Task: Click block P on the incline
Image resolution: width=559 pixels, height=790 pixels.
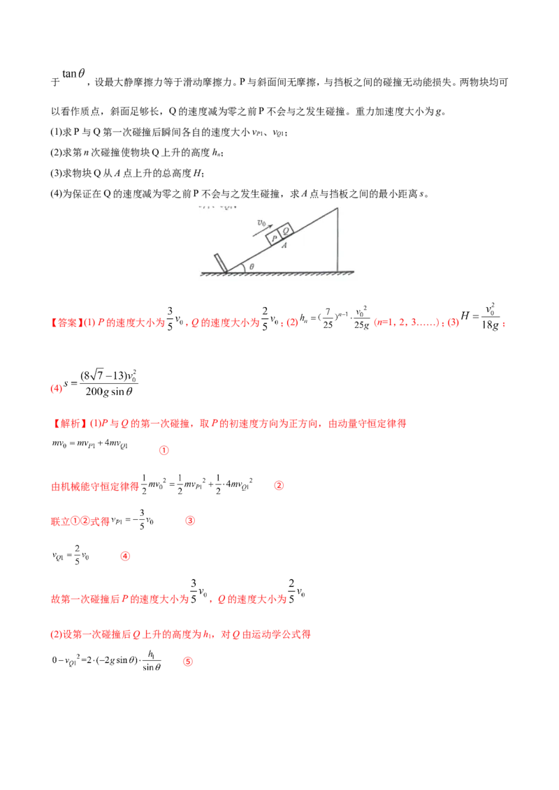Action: tap(275, 237)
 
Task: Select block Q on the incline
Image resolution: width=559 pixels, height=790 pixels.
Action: tap(286, 231)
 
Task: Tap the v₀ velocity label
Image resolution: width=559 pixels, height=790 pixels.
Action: tap(261, 223)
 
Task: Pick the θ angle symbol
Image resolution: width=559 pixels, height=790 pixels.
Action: tap(252, 266)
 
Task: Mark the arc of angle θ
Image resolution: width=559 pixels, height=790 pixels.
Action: tap(242, 267)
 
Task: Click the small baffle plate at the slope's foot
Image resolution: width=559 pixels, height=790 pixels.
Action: tap(221, 262)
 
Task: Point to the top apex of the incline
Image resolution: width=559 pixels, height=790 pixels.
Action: tap(338, 207)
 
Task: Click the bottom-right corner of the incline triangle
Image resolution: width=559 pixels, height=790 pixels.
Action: tap(338, 271)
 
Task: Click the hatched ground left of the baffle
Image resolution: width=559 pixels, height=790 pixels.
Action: tap(208, 273)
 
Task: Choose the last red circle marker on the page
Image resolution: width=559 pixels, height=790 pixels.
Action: tap(187, 661)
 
